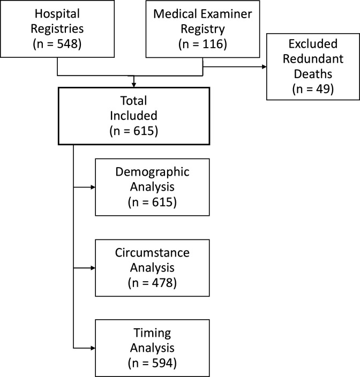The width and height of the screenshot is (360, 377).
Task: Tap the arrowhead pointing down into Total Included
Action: (134, 84)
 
